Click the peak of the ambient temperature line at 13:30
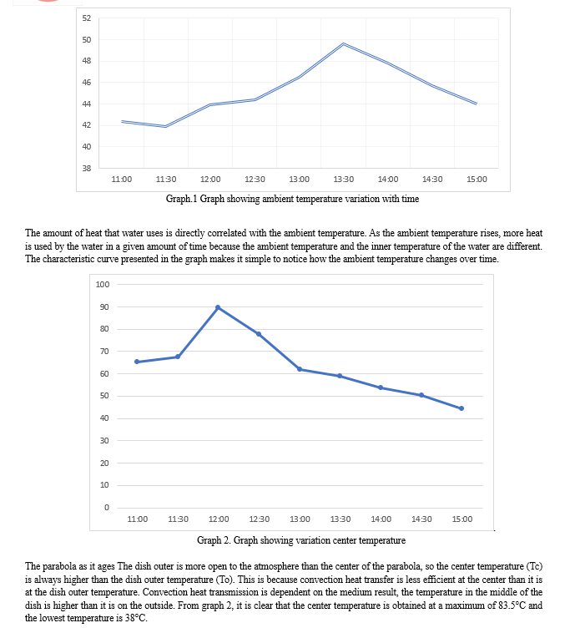click(x=344, y=43)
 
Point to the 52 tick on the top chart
click(x=87, y=18)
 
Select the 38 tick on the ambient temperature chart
click(x=87, y=168)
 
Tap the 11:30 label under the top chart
click(x=166, y=180)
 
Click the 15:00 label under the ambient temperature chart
click(x=477, y=180)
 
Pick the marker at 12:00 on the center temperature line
click(x=218, y=307)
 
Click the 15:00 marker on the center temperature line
click(x=462, y=408)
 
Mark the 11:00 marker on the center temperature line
click(x=137, y=362)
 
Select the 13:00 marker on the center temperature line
click(x=300, y=369)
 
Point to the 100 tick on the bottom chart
click(x=103, y=285)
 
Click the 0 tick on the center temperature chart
click(x=107, y=508)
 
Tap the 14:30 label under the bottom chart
click(x=421, y=519)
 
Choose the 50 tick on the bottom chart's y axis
click(x=104, y=396)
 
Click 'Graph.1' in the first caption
click(x=181, y=199)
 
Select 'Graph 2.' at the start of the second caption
click(x=214, y=540)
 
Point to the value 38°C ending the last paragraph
click(x=136, y=618)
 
